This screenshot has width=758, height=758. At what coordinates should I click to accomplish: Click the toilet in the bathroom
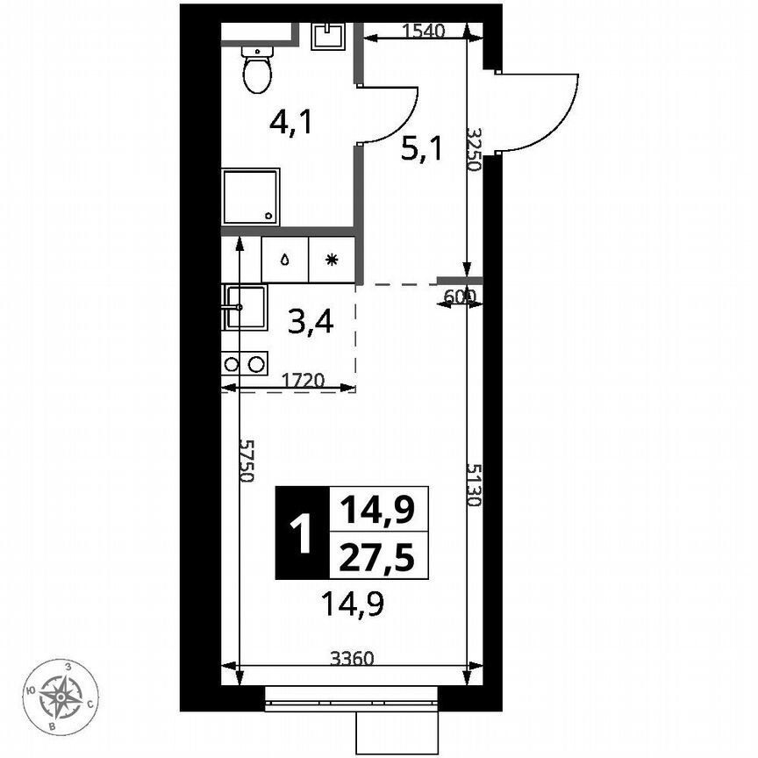[257, 70]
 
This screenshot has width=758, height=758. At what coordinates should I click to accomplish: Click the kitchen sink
[244, 307]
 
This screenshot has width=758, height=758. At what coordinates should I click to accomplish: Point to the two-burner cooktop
[243, 363]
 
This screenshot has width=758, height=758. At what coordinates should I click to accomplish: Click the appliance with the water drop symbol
[285, 260]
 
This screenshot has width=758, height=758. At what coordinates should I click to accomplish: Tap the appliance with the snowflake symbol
[331, 260]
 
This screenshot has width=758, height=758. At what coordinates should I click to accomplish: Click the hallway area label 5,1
[421, 150]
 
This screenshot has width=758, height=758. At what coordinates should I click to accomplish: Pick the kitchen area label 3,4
[311, 324]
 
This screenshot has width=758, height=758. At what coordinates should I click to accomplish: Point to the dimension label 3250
[475, 150]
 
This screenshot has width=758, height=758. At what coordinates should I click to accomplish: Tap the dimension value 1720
[304, 381]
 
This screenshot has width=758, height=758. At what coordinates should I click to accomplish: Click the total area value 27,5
[378, 557]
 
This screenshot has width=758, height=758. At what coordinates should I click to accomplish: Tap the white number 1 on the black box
[301, 533]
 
